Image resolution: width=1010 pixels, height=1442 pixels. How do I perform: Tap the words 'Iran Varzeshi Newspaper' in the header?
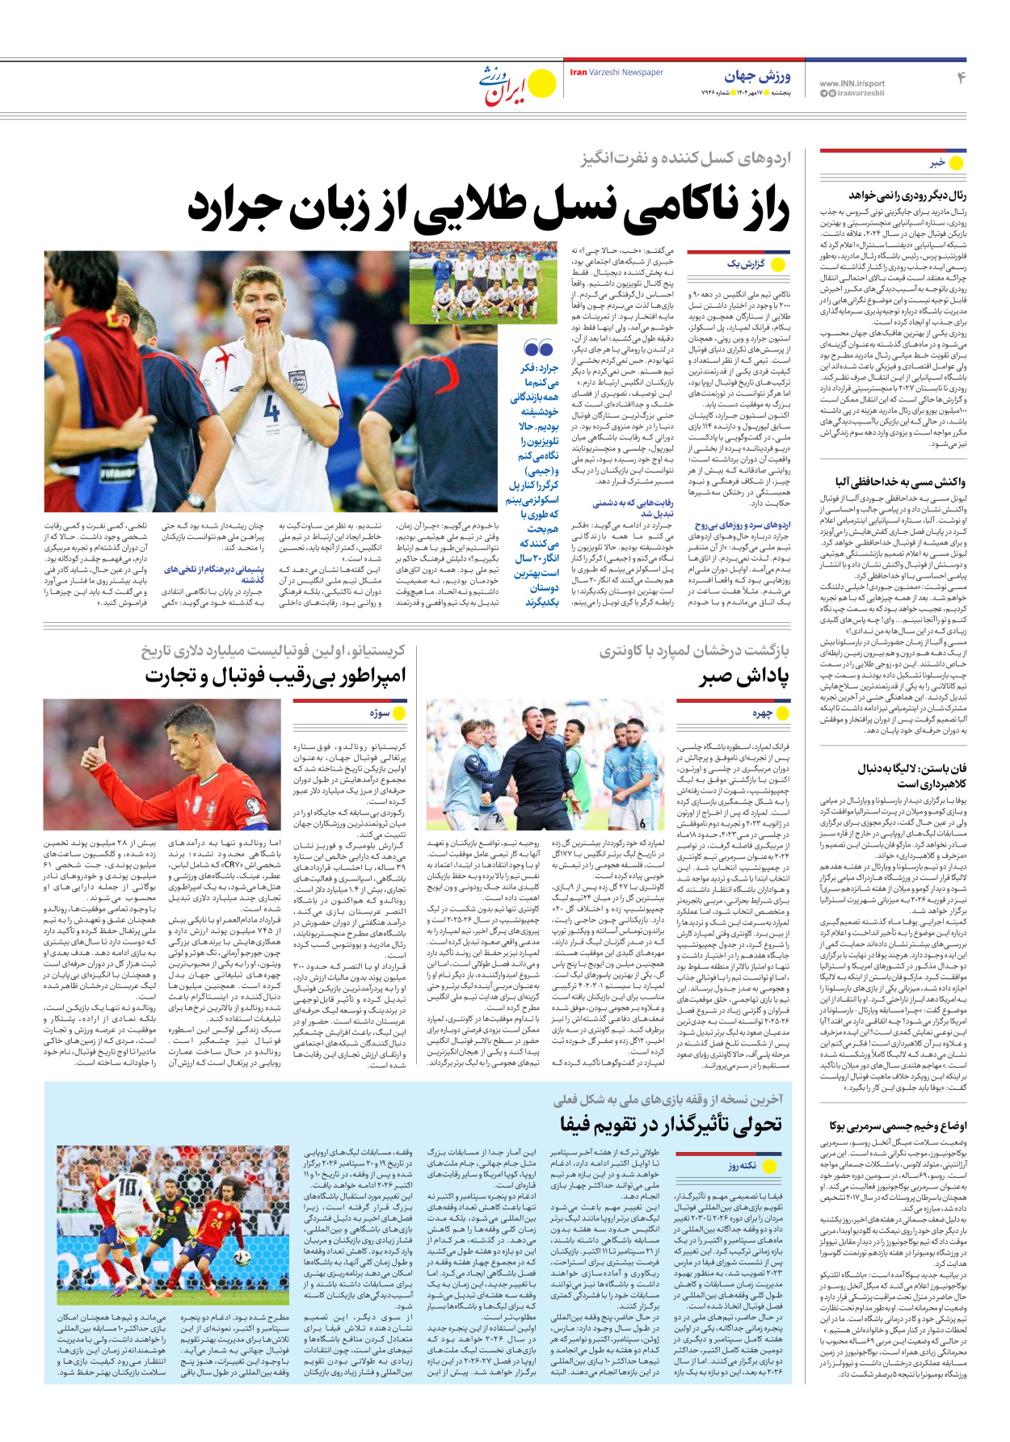[617, 73]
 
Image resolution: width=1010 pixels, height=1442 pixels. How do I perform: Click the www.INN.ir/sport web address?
[852, 83]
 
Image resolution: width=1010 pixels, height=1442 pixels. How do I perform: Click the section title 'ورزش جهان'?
[757, 77]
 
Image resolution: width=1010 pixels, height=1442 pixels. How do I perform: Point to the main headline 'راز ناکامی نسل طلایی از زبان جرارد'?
[488, 208]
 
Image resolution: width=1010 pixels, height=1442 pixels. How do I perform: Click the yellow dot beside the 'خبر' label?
[956, 163]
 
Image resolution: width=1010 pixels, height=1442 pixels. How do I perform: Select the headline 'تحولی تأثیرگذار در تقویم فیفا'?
[671, 1124]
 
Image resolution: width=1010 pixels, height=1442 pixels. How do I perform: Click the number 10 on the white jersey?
[128, 1186]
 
